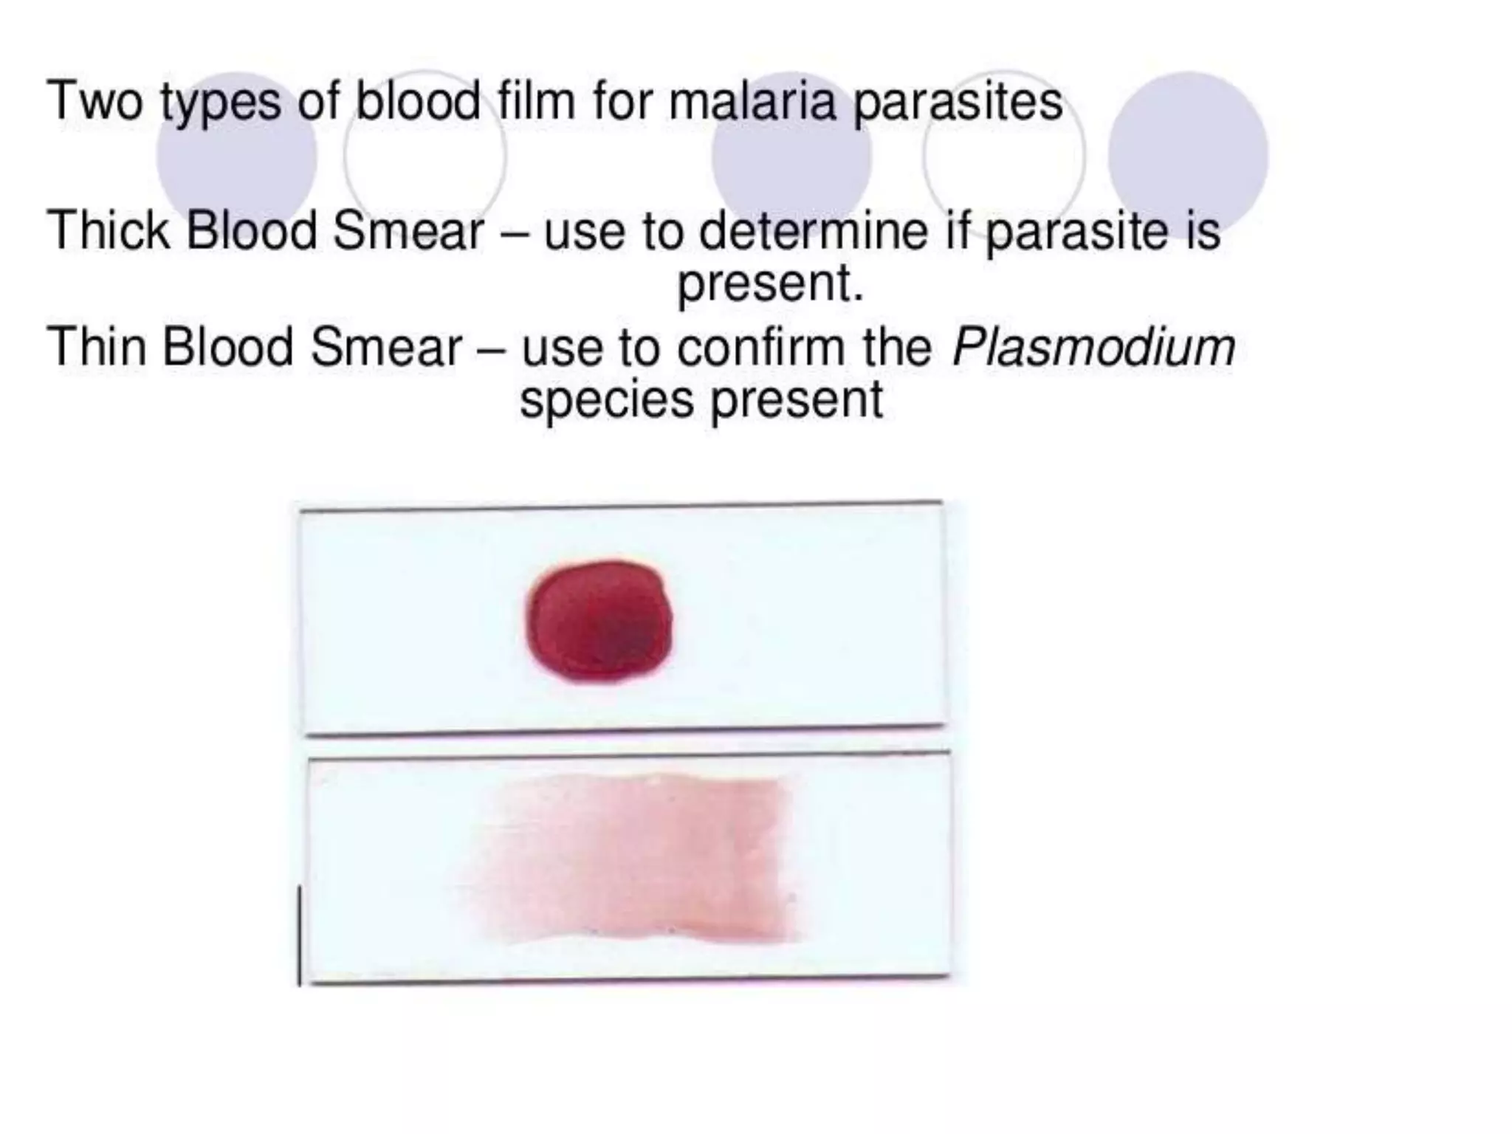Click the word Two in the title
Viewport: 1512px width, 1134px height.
coord(94,101)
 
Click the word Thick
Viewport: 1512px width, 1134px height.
coord(109,230)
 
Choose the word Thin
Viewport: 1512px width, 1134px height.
coord(96,346)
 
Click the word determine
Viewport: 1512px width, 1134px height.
coord(813,230)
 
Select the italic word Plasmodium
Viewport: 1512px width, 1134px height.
coord(1093,346)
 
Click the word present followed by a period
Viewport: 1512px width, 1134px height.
coord(770,284)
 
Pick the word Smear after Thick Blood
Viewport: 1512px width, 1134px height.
coord(408,230)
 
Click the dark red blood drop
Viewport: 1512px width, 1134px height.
coord(599,620)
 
